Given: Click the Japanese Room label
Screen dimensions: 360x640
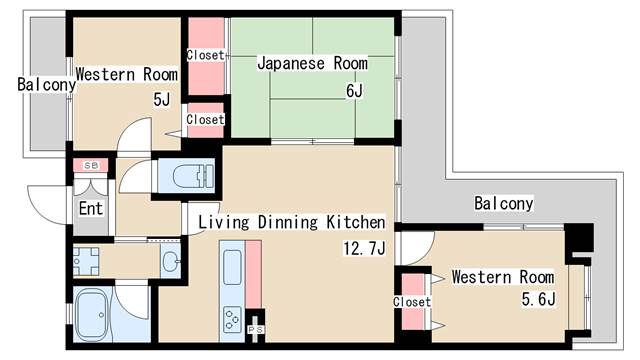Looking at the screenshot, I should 311,64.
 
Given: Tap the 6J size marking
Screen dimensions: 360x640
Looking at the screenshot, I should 355,91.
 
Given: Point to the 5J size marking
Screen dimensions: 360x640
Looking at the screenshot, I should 161,99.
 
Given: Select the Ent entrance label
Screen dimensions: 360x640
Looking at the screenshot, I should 91,210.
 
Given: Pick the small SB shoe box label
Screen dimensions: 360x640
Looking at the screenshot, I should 90,165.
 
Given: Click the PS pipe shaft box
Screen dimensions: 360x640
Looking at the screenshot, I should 255,327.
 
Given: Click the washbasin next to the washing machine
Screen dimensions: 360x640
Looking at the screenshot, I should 169,263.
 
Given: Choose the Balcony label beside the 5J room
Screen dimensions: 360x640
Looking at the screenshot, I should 46,85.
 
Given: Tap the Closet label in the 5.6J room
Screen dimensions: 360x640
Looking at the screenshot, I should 411,301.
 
